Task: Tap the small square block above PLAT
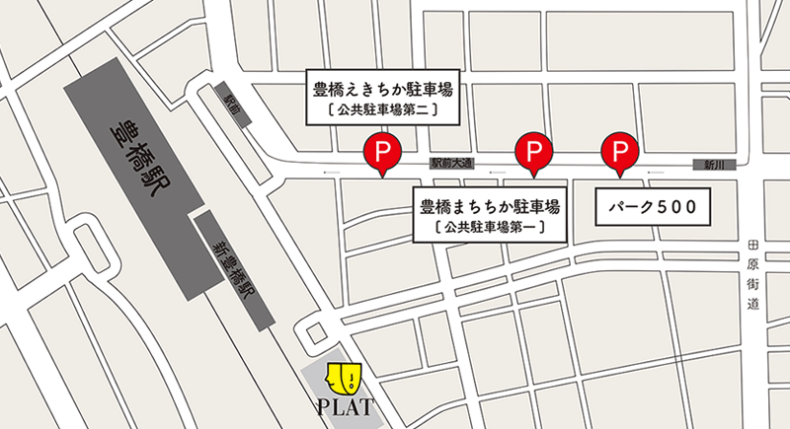pos(316,331)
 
